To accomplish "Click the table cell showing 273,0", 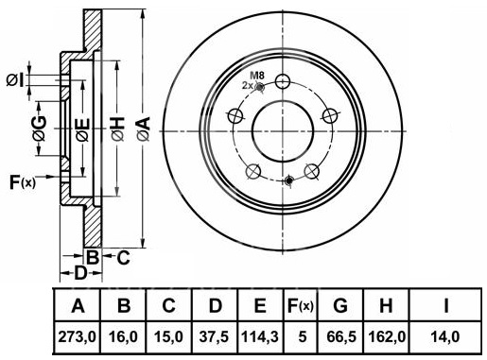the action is [x=77, y=337].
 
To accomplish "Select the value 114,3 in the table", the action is [x=260, y=337].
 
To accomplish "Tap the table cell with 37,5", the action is [x=215, y=337].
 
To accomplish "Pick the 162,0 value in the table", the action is [x=387, y=337].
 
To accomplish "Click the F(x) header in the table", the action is [x=301, y=305].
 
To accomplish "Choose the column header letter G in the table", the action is [x=340, y=305].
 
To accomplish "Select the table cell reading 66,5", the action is [x=341, y=337].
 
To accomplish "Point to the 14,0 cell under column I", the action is [x=444, y=337].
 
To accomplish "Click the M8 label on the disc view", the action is [x=257, y=76].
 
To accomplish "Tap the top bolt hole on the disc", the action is [x=283, y=81].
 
